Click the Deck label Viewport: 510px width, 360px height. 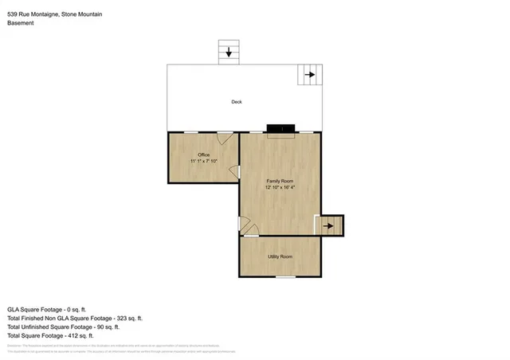(236, 102)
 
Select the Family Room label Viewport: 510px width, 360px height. (280, 181)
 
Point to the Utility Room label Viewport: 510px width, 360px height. (280, 256)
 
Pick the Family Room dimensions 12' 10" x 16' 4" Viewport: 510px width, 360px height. (280, 188)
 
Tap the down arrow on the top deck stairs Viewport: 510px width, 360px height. (229, 53)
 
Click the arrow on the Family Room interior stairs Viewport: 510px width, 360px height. (328, 226)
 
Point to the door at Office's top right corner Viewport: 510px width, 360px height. (226, 138)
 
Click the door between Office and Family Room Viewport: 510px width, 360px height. (234, 171)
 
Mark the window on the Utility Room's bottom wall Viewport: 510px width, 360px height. (286, 276)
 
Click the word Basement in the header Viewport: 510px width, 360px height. (20, 23)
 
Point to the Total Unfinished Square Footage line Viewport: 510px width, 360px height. (63, 327)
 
